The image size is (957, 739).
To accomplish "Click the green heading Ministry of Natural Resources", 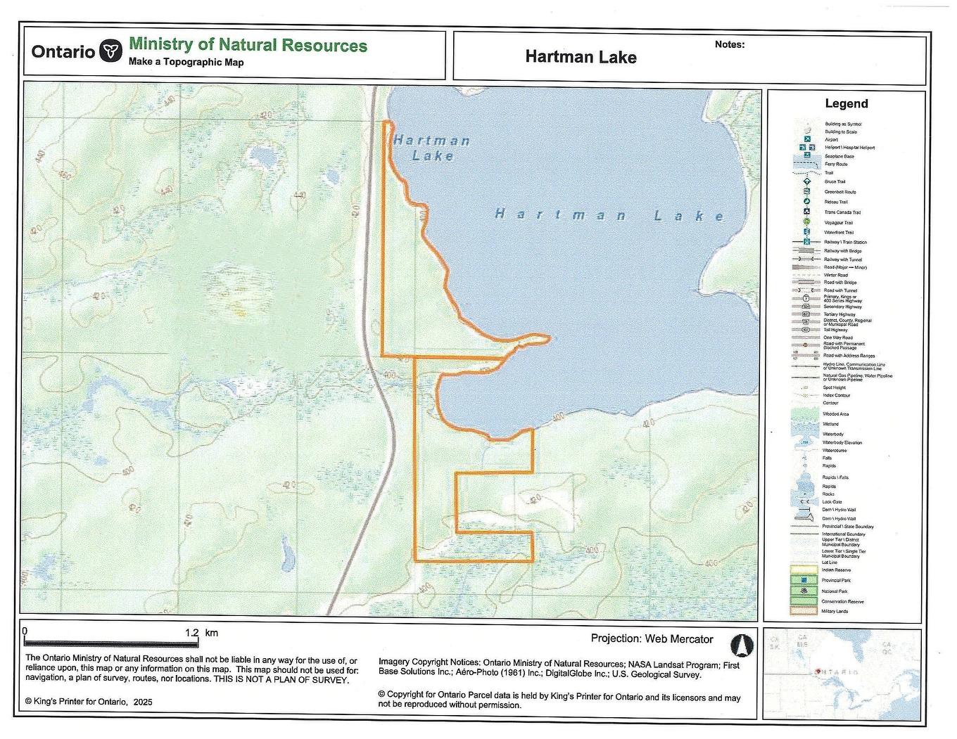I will (x=248, y=46).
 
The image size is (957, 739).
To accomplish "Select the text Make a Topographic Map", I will (x=186, y=62).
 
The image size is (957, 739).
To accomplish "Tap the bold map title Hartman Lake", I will (x=581, y=57).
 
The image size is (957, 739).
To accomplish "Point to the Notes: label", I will (x=729, y=44).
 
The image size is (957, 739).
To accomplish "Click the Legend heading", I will (x=846, y=103).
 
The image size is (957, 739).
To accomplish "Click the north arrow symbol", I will (x=743, y=645).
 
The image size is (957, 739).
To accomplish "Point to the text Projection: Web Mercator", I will (x=652, y=639).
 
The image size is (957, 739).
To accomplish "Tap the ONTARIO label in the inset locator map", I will (x=837, y=672).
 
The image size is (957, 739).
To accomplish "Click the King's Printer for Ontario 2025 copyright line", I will (x=89, y=702).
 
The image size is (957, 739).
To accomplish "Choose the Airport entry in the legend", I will (x=831, y=140).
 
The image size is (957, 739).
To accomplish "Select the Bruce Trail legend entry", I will (x=835, y=181).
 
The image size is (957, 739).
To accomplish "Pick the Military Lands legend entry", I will (x=835, y=611).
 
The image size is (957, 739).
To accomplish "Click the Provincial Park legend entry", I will (x=837, y=580).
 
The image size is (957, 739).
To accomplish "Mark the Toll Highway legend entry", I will (x=835, y=330).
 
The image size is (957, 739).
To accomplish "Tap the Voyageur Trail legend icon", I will (x=806, y=222).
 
